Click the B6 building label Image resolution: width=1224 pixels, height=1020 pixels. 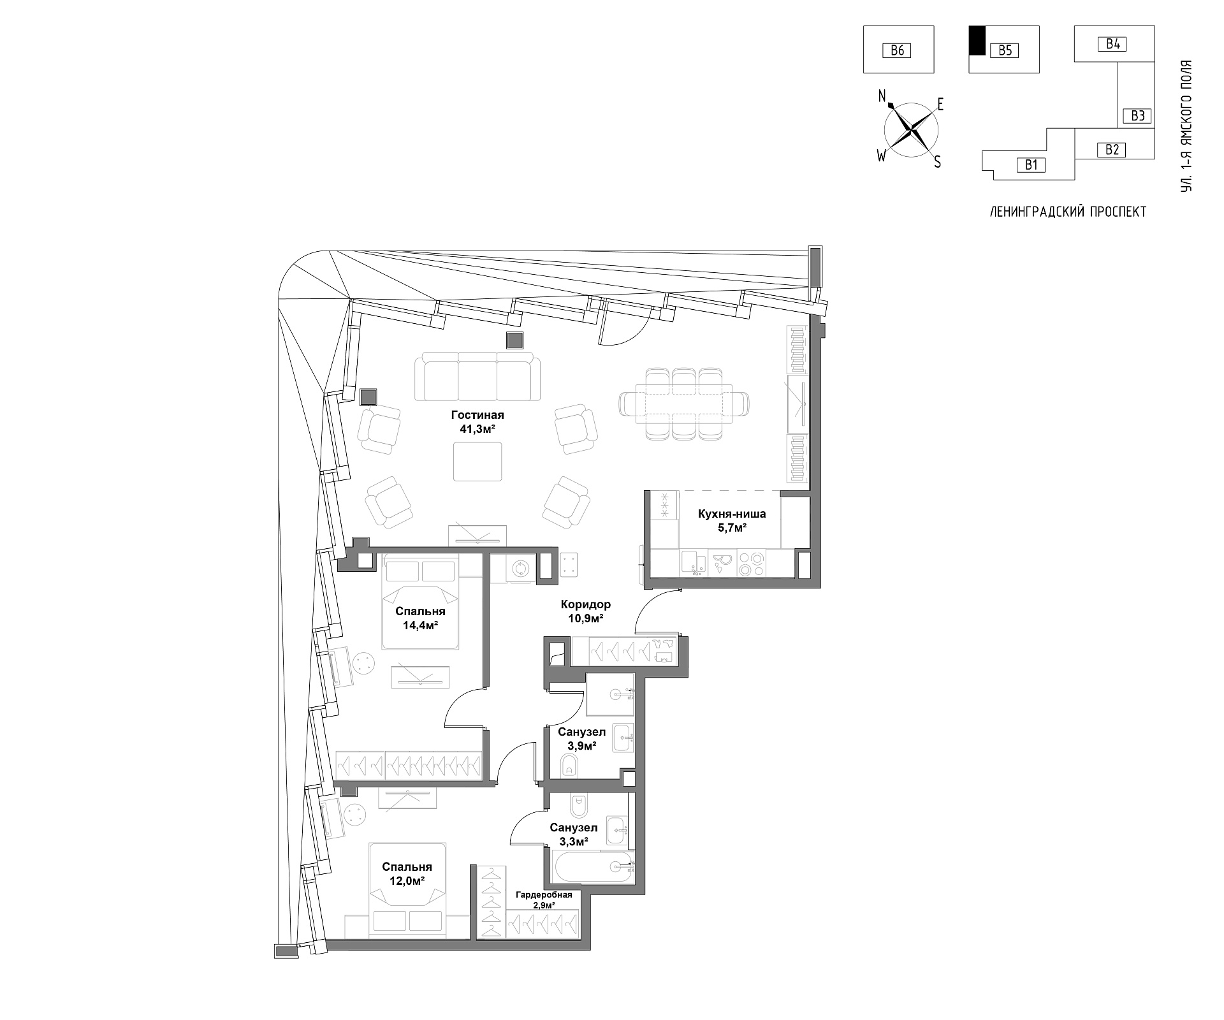pos(897,50)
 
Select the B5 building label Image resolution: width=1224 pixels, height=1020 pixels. pos(1005,50)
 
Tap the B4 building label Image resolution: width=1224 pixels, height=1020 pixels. pos(1112,44)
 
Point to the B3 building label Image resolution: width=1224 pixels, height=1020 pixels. pos(1138,115)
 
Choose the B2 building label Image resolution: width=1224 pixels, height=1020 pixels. pos(1112,150)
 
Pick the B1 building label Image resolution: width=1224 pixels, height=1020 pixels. pos(1031,165)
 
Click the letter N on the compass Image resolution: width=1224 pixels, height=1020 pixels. pos(883,97)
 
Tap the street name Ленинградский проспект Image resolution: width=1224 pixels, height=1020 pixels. pos(1068,212)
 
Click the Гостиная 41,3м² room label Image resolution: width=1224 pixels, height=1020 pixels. pos(477,422)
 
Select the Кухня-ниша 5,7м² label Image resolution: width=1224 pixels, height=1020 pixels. pos(731,520)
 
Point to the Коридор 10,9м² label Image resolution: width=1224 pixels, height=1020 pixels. pos(585,611)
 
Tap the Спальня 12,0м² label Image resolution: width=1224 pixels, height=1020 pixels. pos(407,873)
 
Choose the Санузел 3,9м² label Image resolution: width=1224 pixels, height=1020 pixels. pos(581,738)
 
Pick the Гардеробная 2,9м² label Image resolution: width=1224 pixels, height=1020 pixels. pos(544,900)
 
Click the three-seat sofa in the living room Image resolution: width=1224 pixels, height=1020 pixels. pos(477,377)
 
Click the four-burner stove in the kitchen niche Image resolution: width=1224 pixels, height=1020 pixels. pos(752,563)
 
